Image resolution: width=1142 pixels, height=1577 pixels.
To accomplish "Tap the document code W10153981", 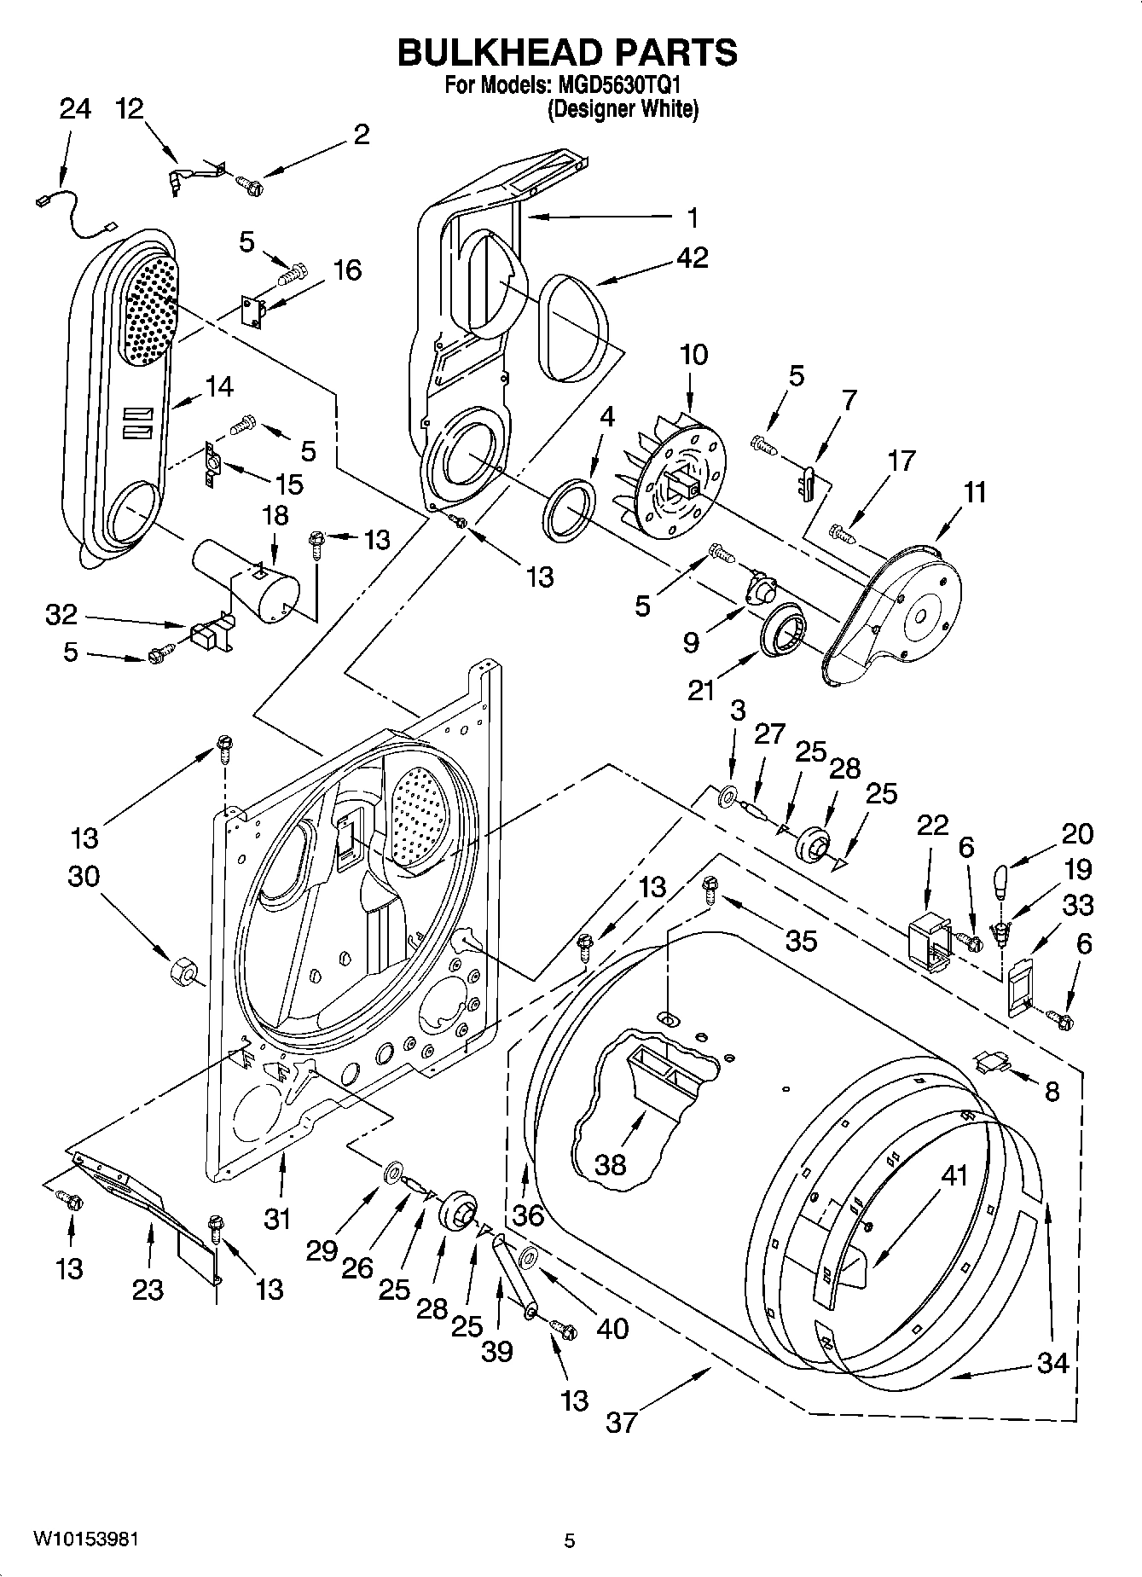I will pos(85,1539).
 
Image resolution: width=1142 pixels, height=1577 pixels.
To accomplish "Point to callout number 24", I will pos(75,109).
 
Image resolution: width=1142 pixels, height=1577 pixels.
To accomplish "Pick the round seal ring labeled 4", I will pos(568,510).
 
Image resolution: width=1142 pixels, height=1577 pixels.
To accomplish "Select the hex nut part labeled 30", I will pos(183,971).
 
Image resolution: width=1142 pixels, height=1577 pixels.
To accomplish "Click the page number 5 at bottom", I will pos(570,1540).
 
